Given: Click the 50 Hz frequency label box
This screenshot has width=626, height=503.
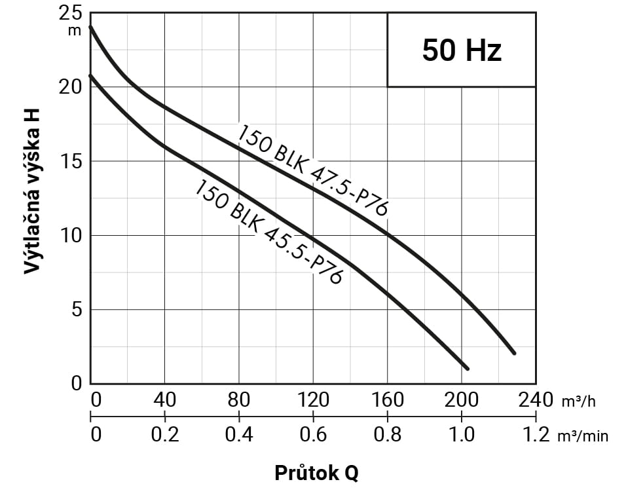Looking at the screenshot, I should coord(462,50).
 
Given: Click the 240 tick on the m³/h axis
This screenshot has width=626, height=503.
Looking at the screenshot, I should coord(536,400).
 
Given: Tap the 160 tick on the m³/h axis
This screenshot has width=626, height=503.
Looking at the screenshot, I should coord(387,400).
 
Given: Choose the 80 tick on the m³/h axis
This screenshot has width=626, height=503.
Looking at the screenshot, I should coord(239,400).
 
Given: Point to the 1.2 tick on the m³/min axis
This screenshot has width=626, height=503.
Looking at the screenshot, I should coord(536,434).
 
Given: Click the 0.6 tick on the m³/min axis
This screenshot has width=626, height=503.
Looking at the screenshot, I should coord(313,434).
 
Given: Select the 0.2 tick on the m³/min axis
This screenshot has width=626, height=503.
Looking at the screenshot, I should coord(164,434).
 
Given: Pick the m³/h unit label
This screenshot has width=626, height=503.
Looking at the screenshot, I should coord(578,401).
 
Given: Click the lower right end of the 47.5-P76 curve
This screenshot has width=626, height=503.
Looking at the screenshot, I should coord(514,353).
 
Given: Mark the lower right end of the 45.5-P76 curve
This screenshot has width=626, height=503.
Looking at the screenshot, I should coord(467,369).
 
